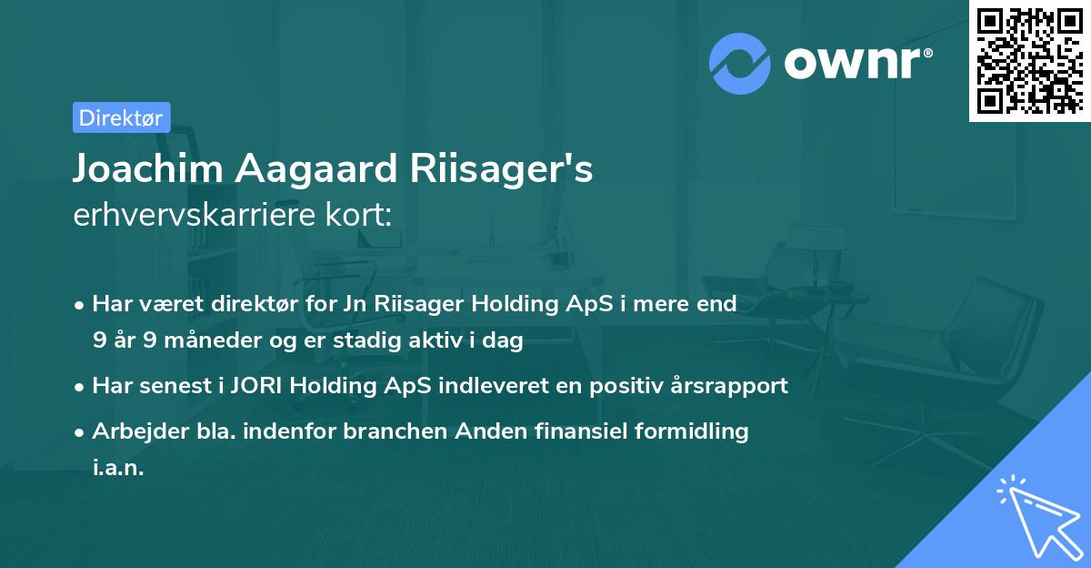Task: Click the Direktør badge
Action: point(121,117)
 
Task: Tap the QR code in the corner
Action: point(1028,60)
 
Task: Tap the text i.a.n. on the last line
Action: point(118,468)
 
